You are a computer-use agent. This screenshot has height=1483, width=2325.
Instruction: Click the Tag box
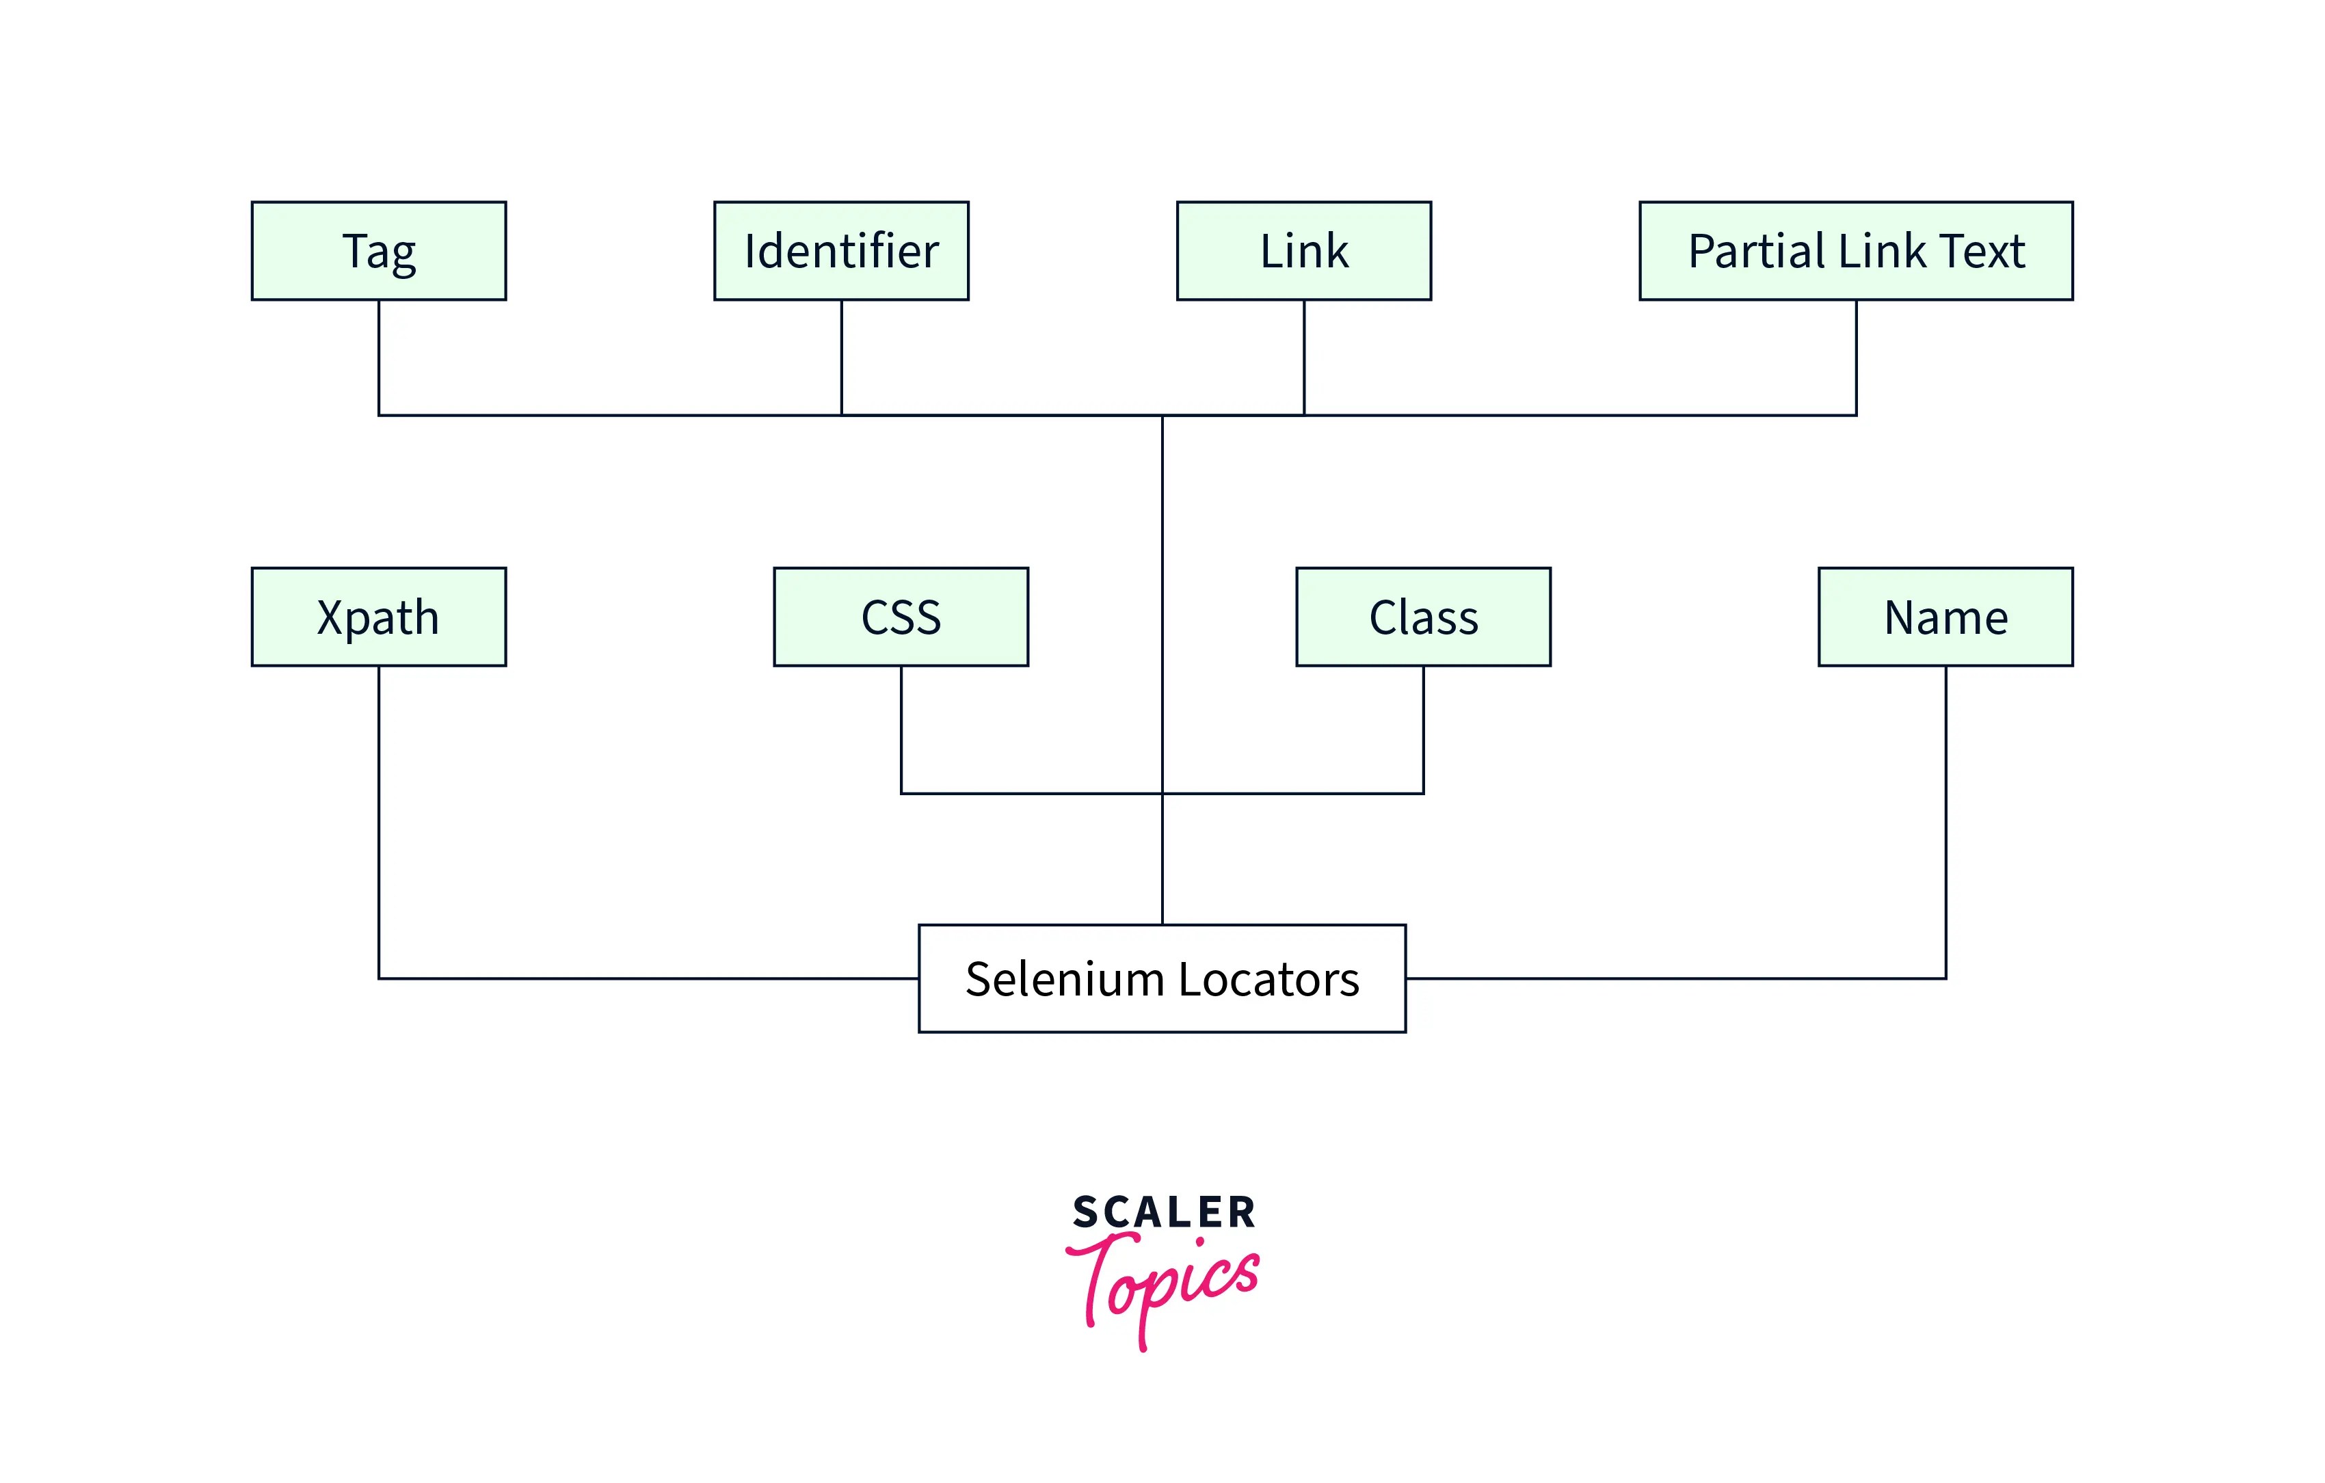pos(378,251)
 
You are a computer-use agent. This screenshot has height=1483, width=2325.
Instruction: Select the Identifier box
pos(841,251)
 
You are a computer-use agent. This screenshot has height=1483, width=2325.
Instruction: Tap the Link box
pos(1303,251)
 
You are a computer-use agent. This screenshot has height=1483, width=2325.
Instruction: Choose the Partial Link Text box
pos(1856,251)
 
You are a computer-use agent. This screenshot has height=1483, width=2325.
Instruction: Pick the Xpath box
pos(378,617)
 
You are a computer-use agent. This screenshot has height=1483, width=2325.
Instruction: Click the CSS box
pos(901,617)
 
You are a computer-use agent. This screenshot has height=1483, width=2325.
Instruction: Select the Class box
pos(1423,617)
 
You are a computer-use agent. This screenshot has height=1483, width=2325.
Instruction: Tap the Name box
pos(1945,617)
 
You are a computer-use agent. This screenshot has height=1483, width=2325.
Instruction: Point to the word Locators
pos(1268,979)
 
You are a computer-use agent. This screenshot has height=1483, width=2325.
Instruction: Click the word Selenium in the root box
pos(1064,979)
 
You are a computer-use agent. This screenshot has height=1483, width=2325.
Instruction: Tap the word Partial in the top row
pos(1757,251)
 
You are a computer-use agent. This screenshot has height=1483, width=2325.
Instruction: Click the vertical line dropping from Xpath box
pos(378,820)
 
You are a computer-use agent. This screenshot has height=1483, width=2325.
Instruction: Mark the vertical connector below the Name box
pos(1945,820)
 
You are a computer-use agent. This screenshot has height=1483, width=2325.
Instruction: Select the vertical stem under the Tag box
pos(378,357)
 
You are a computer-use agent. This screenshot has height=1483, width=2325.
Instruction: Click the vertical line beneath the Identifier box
pos(841,357)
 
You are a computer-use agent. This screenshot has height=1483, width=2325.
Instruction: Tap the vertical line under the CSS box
pos(901,729)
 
